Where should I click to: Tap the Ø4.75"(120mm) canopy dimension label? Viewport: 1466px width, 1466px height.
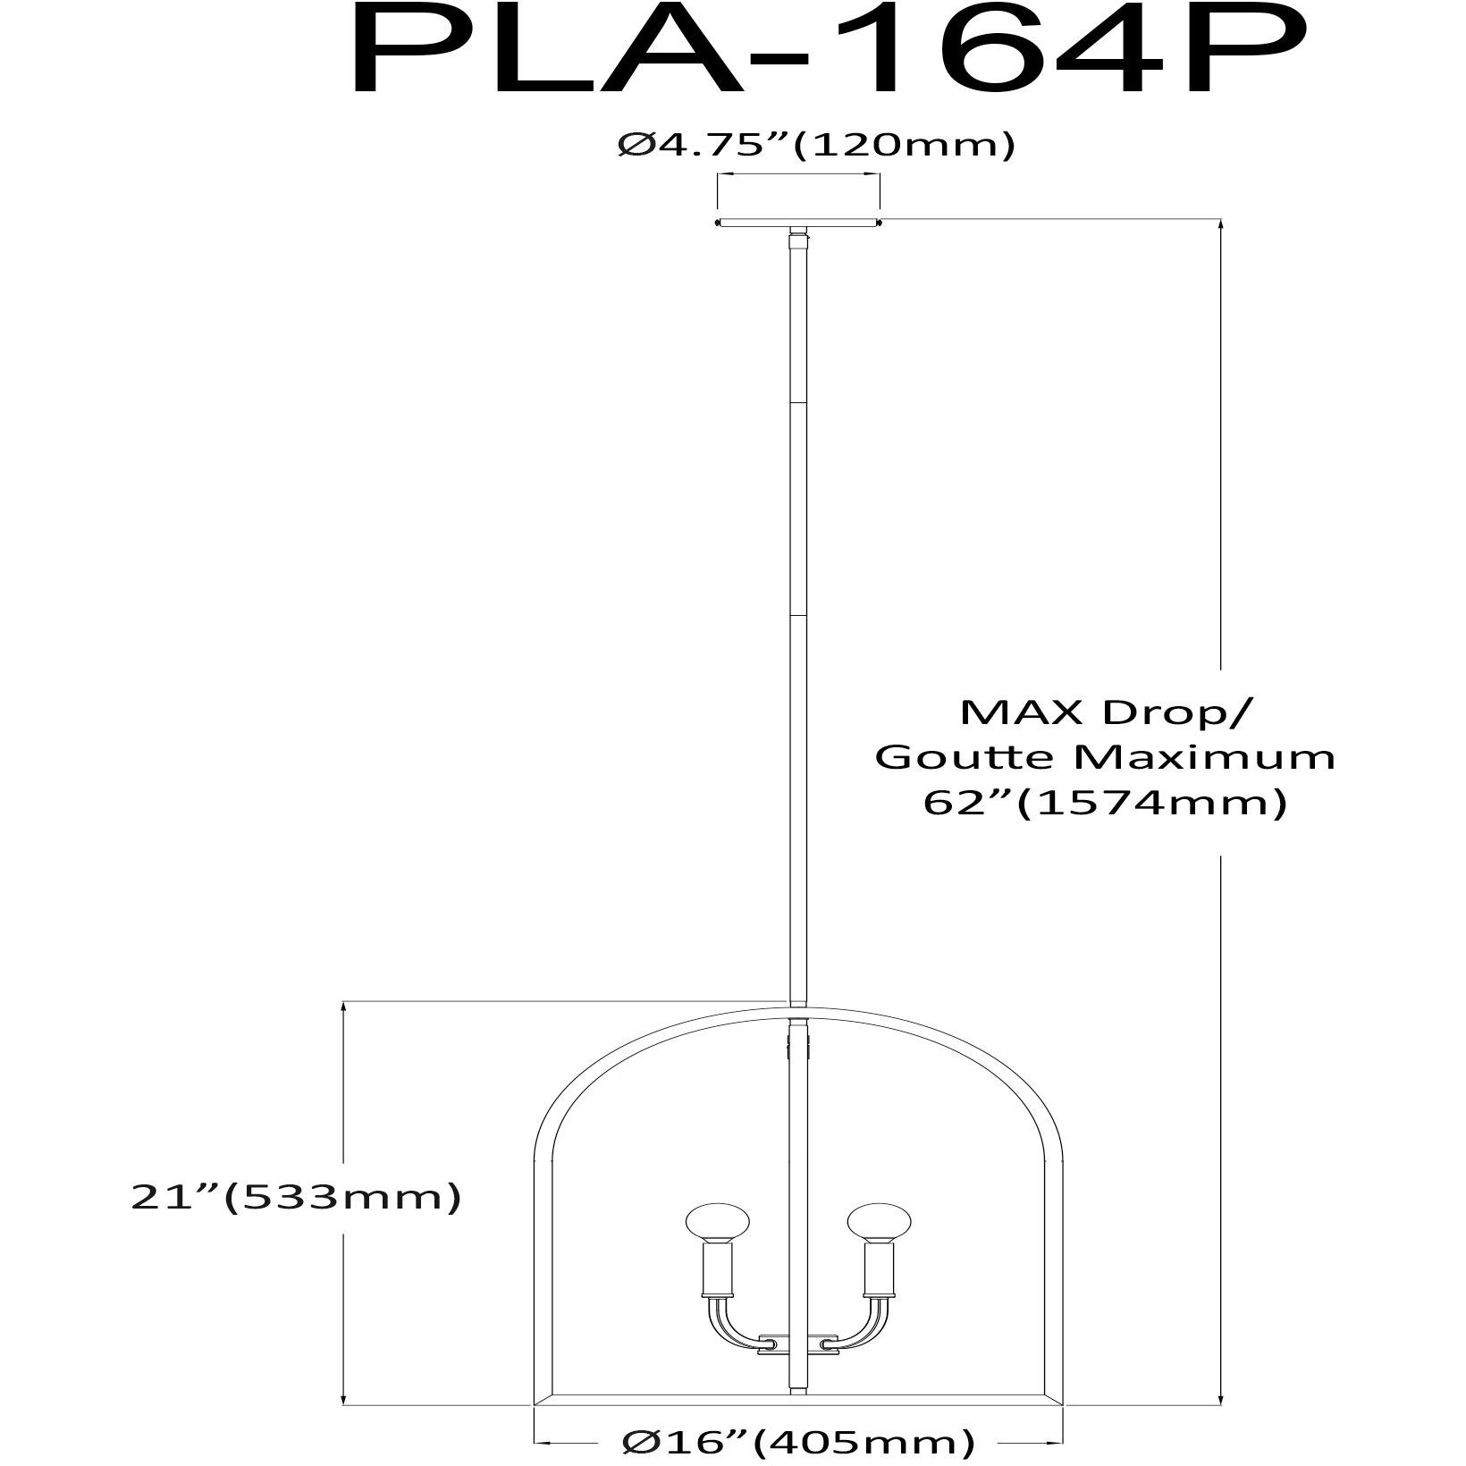[x=816, y=146]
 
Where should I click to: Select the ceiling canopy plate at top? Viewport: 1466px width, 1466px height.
[x=798, y=223]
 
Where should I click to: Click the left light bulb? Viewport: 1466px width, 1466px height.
[x=716, y=1225]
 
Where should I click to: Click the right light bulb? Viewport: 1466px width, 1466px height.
[x=880, y=1225]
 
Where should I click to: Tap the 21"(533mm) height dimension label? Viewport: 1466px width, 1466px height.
[x=296, y=1198]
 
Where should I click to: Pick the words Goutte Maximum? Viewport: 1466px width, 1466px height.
[x=1105, y=757]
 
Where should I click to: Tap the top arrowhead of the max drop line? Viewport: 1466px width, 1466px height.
[x=1221, y=226]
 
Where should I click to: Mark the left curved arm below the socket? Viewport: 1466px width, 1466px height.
[x=726, y=1332]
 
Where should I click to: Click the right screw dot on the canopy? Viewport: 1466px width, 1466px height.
[x=880, y=222]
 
